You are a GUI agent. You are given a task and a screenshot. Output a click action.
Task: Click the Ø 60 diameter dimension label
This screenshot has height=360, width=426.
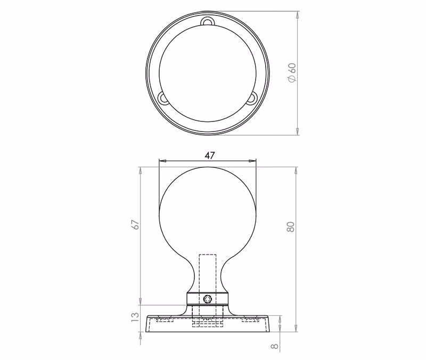292,72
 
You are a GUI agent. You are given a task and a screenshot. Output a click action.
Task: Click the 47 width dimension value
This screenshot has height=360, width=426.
209,156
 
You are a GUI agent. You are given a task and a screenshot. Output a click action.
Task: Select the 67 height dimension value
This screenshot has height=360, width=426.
135,225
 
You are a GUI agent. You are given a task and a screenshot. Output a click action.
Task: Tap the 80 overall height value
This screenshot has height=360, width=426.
290,226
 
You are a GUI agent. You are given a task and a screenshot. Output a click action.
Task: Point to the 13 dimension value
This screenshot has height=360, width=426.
135,317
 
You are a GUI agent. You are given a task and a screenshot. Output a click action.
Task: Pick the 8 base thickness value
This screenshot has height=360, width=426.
275,346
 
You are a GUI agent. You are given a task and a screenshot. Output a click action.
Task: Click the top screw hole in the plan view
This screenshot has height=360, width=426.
208,21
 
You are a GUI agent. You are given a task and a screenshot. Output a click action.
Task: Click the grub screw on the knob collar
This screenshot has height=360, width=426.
208,299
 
